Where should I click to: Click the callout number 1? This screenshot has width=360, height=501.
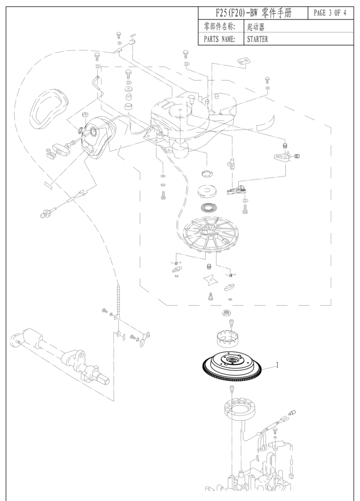tap(277, 364)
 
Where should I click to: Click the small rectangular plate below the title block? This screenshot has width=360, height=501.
tap(243, 60)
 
